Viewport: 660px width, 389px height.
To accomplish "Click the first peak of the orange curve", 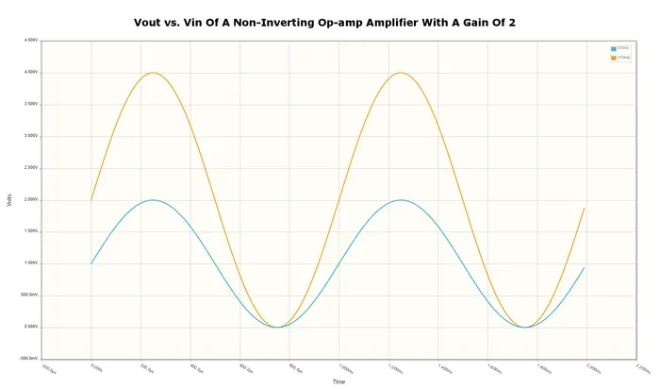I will pyautogui.click(x=153, y=73).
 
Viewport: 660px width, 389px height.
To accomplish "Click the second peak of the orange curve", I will pyautogui.click(x=401, y=73).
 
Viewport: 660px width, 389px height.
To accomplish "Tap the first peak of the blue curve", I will pyautogui.click(x=153, y=200).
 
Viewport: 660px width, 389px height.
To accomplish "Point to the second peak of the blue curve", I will pyautogui.click(x=401, y=200).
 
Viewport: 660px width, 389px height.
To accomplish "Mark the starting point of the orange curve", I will pyautogui.click(x=91, y=200).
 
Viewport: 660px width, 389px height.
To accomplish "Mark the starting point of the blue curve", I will pyautogui.click(x=91, y=263).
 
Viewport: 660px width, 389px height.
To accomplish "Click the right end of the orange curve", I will pyautogui.click(x=585, y=208).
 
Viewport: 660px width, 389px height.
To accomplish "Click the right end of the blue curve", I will pyautogui.click(x=585, y=267).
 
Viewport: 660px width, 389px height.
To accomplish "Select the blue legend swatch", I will pyautogui.click(x=614, y=49).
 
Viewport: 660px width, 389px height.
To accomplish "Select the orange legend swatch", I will pyautogui.click(x=614, y=58).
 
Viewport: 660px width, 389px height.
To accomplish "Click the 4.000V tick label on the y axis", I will pyautogui.click(x=31, y=73).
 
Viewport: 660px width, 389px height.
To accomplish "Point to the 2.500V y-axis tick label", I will pyautogui.click(x=31, y=168).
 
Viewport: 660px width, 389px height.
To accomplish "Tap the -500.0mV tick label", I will pyautogui.click(x=29, y=359).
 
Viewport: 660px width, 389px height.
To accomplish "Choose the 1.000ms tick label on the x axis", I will pyautogui.click(x=344, y=369).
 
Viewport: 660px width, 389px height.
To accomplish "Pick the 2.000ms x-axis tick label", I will pyautogui.click(x=591, y=369).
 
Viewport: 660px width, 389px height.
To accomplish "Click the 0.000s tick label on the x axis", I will pyautogui.click(x=96, y=368).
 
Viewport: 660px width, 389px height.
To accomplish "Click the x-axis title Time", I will pyautogui.click(x=338, y=381).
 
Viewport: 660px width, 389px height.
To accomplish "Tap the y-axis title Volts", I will pyautogui.click(x=9, y=200).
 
